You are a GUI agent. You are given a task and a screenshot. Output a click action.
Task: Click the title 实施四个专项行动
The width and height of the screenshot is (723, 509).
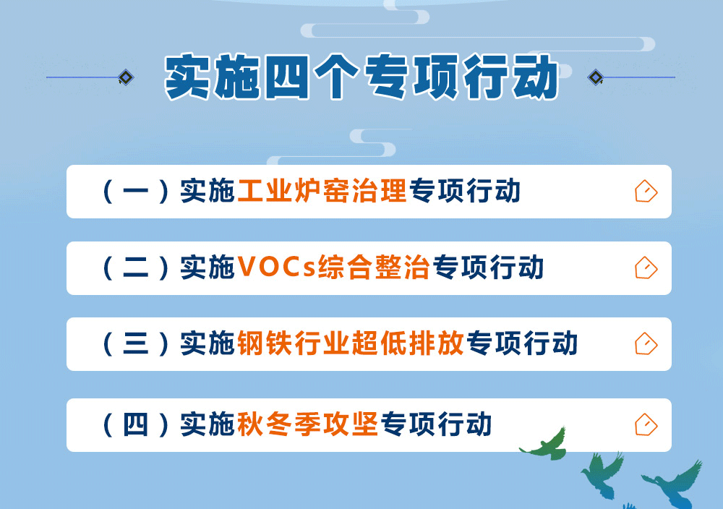pyautogui.click(x=361, y=77)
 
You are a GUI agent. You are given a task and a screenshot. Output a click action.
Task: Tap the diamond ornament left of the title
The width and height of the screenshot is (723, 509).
pyautogui.click(x=125, y=77)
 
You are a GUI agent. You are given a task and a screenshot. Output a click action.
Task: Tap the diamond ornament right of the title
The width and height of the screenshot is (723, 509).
pyautogui.click(x=596, y=77)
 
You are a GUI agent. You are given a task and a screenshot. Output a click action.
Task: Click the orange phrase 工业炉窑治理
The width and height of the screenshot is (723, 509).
pyautogui.click(x=322, y=191)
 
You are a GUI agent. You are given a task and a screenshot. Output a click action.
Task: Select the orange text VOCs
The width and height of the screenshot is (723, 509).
pyautogui.click(x=277, y=267)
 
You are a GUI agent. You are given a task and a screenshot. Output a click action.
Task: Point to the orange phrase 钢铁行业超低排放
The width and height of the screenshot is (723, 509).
pyautogui.click(x=351, y=343)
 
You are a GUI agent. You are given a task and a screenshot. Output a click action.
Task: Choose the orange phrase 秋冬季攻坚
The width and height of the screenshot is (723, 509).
pyautogui.click(x=307, y=424)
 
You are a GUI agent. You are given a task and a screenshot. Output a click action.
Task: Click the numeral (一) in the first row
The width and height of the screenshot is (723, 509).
pyautogui.click(x=136, y=191)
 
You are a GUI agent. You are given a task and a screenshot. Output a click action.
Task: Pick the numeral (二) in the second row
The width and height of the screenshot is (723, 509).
pyautogui.click(x=136, y=268)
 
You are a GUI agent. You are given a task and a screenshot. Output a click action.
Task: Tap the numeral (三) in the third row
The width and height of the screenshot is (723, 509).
pyautogui.click(x=136, y=343)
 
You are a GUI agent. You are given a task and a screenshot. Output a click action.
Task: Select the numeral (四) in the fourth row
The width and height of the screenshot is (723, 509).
pyautogui.click(x=136, y=424)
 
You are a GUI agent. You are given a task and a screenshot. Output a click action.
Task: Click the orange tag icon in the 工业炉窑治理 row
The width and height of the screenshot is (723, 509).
pyautogui.click(x=646, y=192)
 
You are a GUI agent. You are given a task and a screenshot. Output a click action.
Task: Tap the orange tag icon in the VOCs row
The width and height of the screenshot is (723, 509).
pyautogui.click(x=646, y=268)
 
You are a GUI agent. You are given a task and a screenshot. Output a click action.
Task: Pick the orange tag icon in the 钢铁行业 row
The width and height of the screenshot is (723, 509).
pyautogui.click(x=646, y=344)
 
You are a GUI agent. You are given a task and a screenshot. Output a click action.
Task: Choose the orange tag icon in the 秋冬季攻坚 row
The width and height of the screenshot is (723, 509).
pyautogui.click(x=646, y=424)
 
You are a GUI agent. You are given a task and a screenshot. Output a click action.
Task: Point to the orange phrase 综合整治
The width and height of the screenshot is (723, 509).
pyautogui.click(x=374, y=268)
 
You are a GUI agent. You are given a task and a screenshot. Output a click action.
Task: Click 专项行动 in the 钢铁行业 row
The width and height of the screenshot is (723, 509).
pyautogui.click(x=522, y=343)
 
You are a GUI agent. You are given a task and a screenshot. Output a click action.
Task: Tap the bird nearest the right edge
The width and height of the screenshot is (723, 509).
pyautogui.click(x=674, y=484)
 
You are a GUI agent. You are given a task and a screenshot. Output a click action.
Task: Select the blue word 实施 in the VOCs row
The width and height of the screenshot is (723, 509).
pyautogui.click(x=208, y=268)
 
